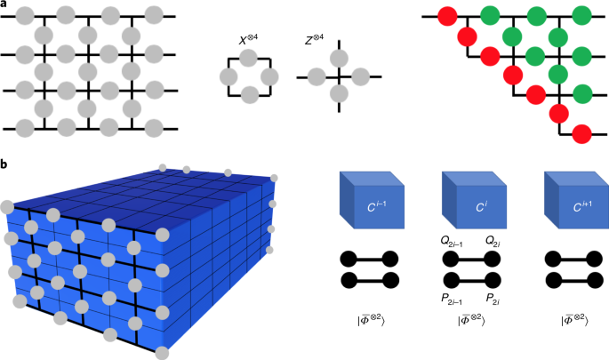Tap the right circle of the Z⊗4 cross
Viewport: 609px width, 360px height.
pyautogui.click(x=359, y=77)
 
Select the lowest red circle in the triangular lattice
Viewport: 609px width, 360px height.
pyautogui.click(x=581, y=134)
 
